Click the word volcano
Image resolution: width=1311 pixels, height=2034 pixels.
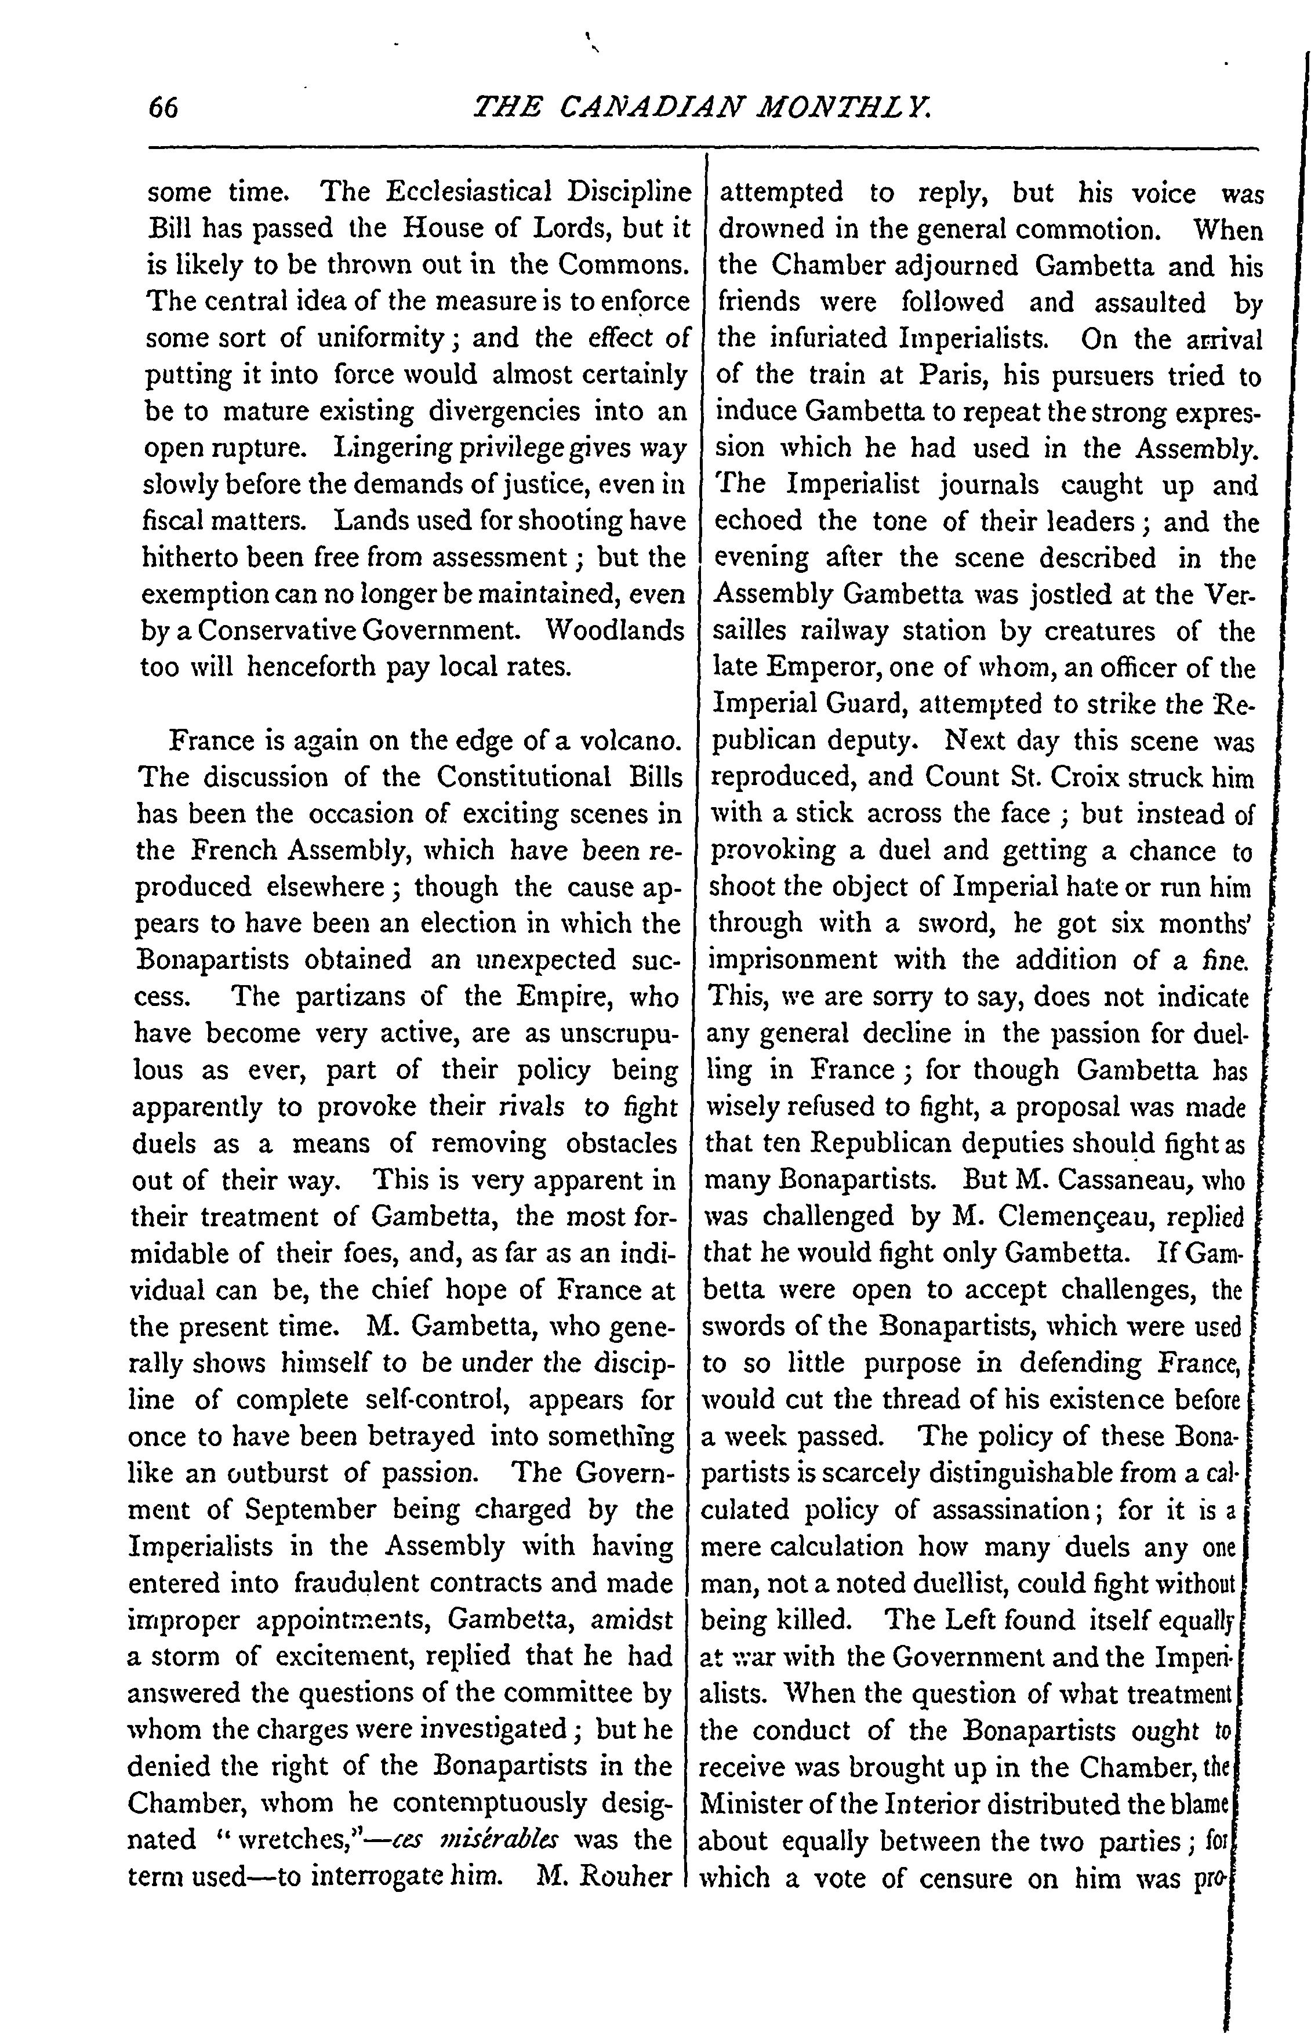[630, 740]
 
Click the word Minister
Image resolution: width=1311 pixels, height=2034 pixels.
[747, 1803]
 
